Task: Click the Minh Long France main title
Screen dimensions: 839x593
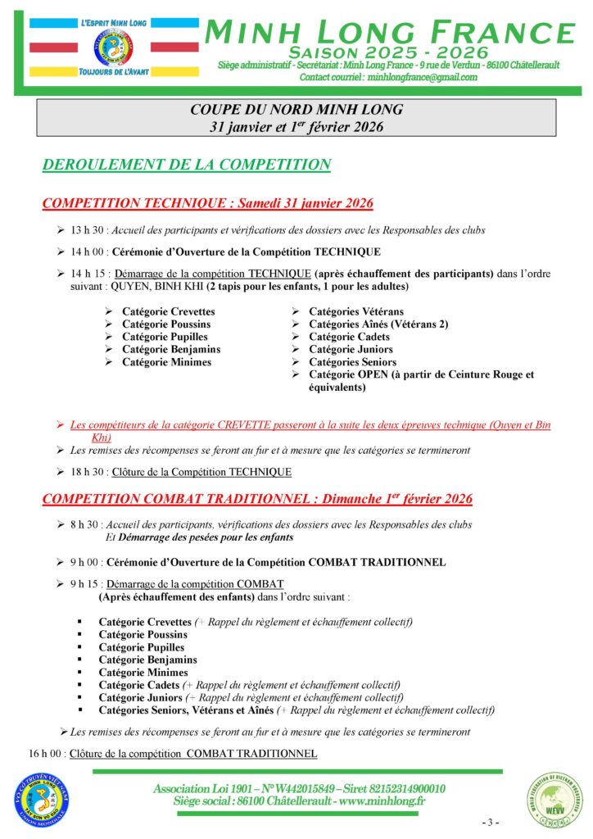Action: tap(389, 33)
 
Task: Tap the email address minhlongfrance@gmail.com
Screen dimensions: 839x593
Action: tap(423, 77)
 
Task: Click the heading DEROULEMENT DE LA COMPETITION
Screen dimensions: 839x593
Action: tap(186, 165)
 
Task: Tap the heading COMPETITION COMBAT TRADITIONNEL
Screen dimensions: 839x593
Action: tap(256, 498)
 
